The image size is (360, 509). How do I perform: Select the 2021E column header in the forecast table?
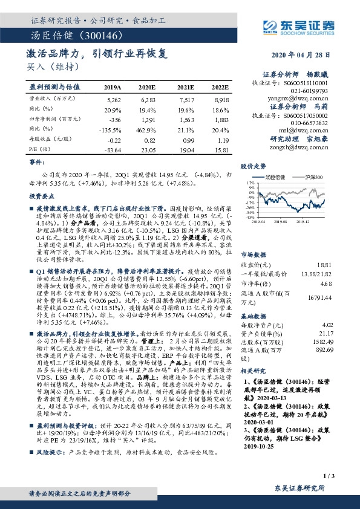(186, 87)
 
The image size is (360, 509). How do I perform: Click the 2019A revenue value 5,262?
(113, 98)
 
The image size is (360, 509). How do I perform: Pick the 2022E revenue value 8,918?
(222, 98)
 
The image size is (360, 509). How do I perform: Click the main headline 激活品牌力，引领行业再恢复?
(97, 53)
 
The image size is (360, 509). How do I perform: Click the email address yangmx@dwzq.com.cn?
(296, 97)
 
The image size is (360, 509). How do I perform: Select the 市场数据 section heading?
(254, 238)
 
